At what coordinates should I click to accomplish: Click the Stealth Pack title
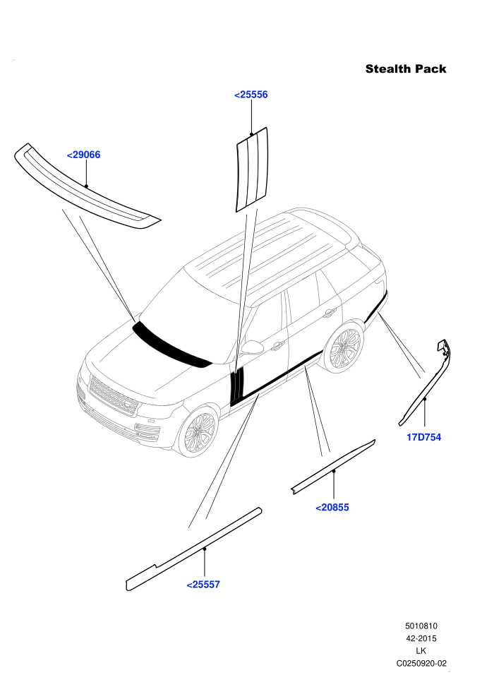click(x=405, y=68)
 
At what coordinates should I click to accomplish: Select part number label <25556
click(x=251, y=95)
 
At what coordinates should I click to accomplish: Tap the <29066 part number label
click(x=83, y=155)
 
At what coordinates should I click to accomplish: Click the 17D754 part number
click(x=423, y=437)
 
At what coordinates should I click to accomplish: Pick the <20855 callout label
click(x=332, y=508)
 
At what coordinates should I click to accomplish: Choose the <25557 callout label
click(x=203, y=585)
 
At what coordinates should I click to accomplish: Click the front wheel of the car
click(x=199, y=431)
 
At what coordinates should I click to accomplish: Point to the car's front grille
click(x=113, y=396)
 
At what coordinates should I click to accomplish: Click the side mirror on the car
click(x=253, y=347)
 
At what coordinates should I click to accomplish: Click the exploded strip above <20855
click(x=333, y=466)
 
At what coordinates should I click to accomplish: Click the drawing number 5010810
click(x=421, y=626)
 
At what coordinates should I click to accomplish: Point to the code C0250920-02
click(x=421, y=663)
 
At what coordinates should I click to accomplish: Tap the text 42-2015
click(x=421, y=638)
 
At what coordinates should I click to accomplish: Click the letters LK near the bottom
click(x=421, y=651)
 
